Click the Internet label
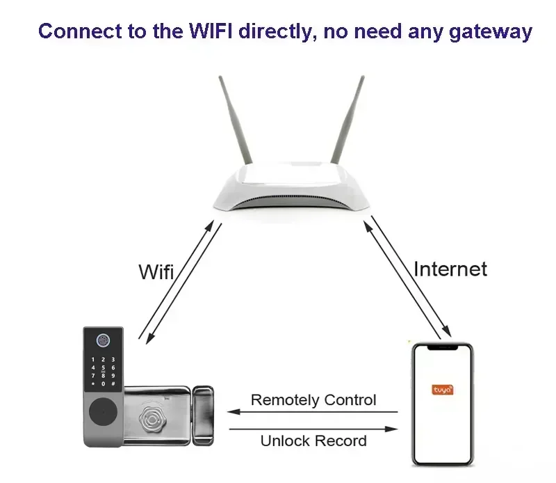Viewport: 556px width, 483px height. tap(450, 269)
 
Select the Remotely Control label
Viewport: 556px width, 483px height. tap(313, 400)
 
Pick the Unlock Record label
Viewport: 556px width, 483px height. tap(313, 441)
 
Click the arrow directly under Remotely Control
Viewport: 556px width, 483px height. tap(313, 412)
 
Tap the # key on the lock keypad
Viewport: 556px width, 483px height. tap(113, 383)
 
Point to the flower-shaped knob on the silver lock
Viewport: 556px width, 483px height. tap(152, 419)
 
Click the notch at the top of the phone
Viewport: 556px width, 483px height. tap(442, 346)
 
